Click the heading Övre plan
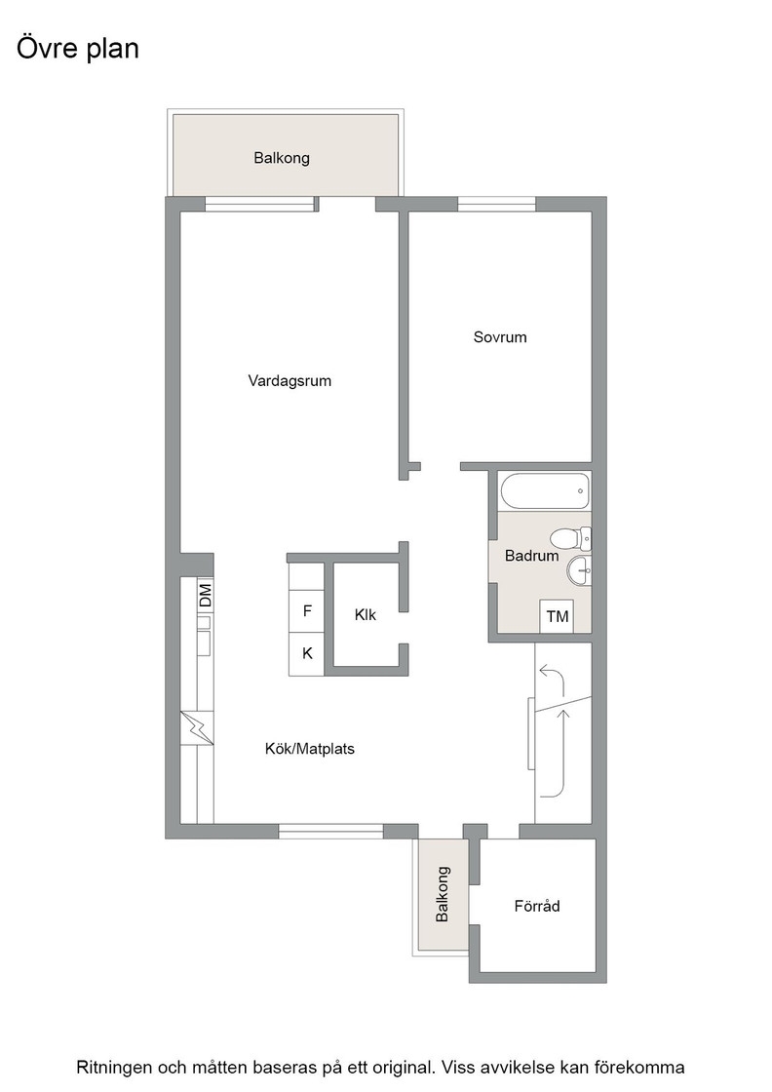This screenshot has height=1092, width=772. (x=77, y=49)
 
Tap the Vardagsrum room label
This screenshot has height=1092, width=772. (x=289, y=381)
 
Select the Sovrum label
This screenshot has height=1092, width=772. (x=500, y=337)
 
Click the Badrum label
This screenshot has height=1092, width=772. (x=532, y=556)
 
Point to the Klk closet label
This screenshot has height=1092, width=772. (x=366, y=614)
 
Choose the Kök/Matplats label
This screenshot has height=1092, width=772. (x=310, y=749)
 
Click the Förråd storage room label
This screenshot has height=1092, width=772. (x=537, y=906)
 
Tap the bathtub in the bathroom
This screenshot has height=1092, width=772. (x=545, y=491)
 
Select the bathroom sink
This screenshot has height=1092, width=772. (x=580, y=571)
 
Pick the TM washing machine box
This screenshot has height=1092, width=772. (x=557, y=616)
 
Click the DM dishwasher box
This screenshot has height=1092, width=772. (x=205, y=596)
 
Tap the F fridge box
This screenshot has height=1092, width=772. (x=307, y=611)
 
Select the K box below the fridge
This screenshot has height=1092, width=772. (x=307, y=654)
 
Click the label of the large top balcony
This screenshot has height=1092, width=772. (x=282, y=158)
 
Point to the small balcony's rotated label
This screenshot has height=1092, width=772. (x=442, y=894)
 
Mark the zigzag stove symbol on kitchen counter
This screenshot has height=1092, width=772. (x=197, y=727)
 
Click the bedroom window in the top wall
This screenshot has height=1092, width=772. (x=496, y=204)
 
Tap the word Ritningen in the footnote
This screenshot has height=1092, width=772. (x=114, y=1067)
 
